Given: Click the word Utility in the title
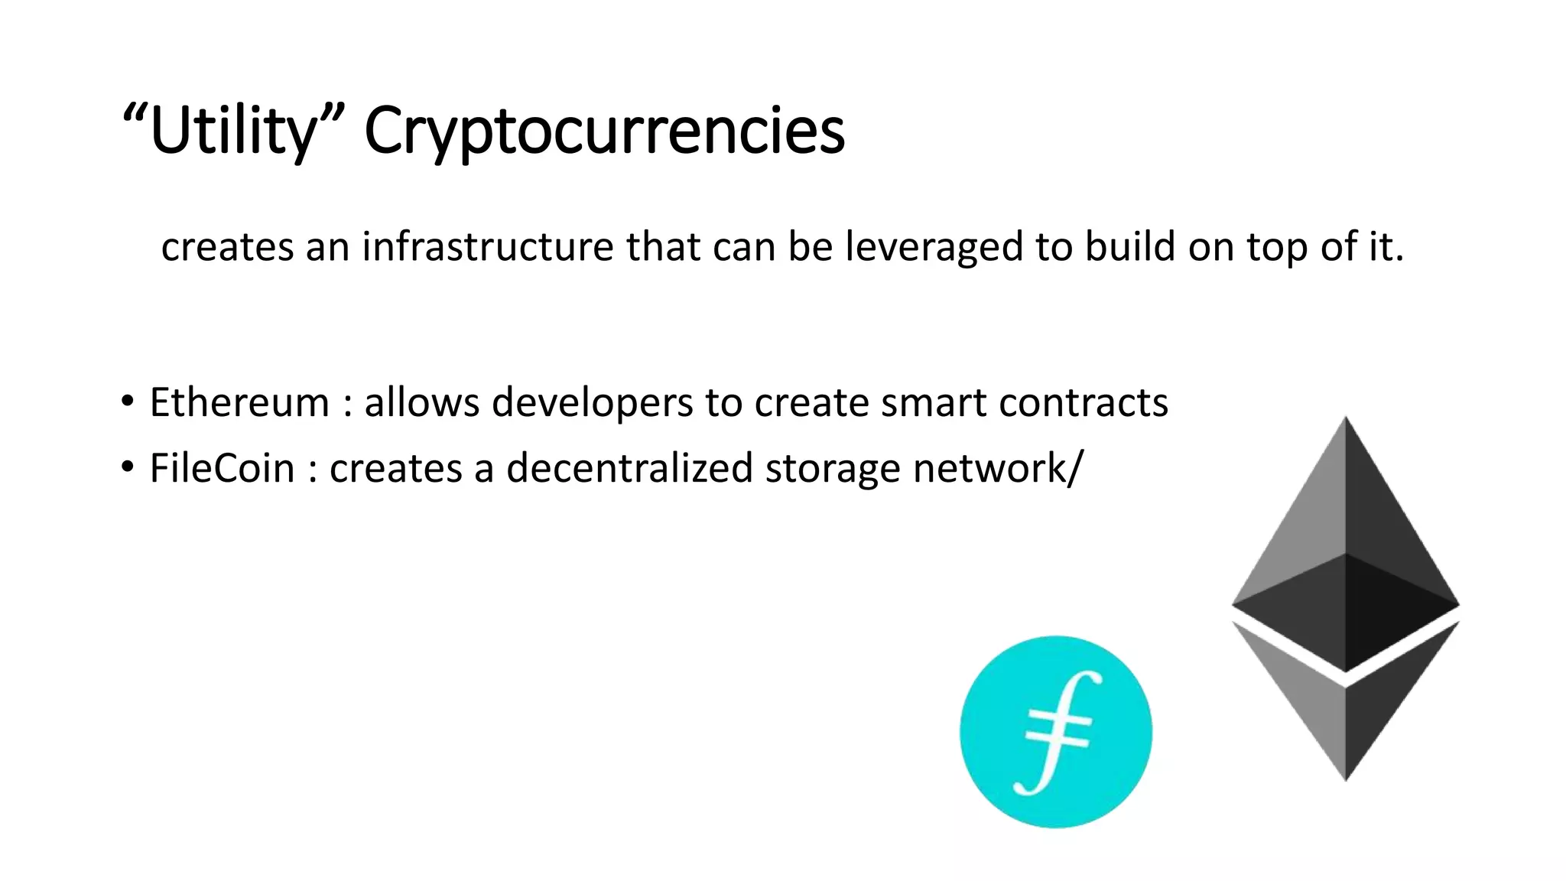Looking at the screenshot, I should click(x=233, y=132).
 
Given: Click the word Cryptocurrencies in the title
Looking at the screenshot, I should click(x=604, y=132).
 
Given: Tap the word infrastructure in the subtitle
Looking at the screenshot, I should click(x=488, y=247).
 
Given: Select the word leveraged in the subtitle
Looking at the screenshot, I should click(x=934, y=247).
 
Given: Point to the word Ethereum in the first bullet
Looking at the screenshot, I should click(x=239, y=402).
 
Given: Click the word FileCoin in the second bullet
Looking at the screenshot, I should click(x=222, y=468).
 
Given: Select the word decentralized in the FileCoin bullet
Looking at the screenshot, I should click(x=629, y=468).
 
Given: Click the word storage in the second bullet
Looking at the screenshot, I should click(x=833, y=468).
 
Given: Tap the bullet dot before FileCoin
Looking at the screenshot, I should click(x=127, y=465).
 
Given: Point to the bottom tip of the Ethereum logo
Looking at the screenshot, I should click(x=1346, y=776).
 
